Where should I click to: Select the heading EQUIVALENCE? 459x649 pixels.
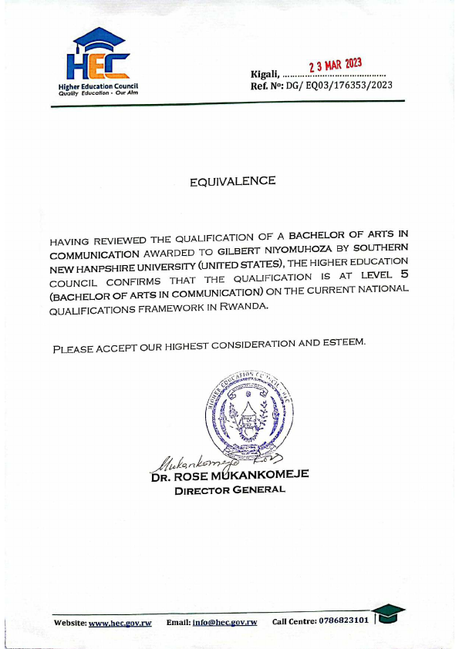232,181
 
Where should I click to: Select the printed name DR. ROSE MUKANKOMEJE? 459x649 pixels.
230,476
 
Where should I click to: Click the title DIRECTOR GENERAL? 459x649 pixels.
230,490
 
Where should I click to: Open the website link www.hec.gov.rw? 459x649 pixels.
120,621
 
